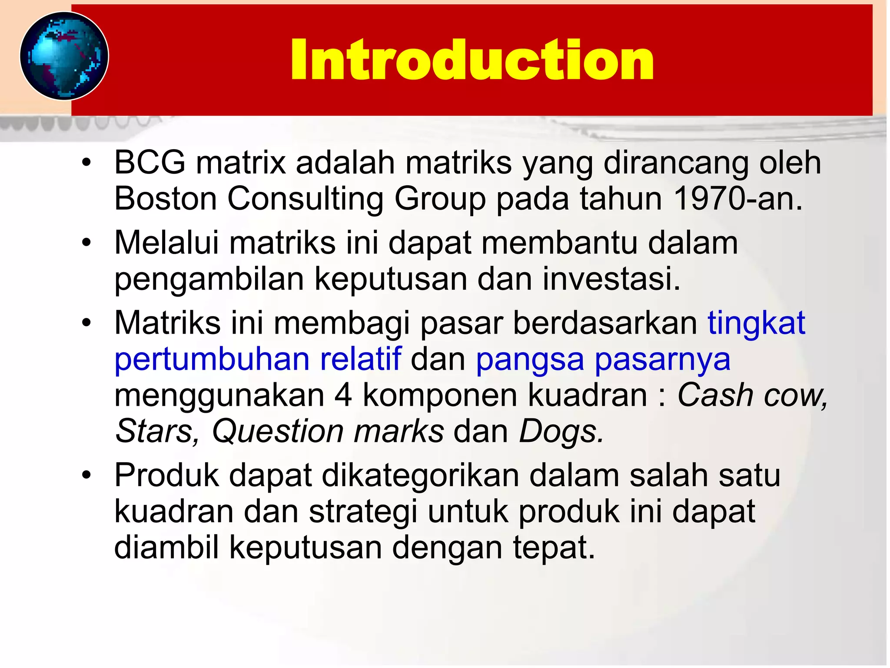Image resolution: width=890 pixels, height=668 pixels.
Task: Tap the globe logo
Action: click(64, 56)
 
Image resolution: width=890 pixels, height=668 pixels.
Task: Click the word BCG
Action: click(149, 163)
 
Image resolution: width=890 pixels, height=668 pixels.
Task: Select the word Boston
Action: click(165, 199)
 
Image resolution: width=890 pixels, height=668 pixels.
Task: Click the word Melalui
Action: click(166, 243)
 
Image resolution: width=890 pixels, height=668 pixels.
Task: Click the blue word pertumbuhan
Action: click(212, 360)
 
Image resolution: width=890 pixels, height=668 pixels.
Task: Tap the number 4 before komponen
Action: click(343, 395)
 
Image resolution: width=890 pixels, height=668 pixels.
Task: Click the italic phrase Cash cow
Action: click(752, 395)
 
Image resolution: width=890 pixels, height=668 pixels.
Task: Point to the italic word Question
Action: click(277, 432)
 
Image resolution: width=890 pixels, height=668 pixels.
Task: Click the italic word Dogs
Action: click(561, 432)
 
